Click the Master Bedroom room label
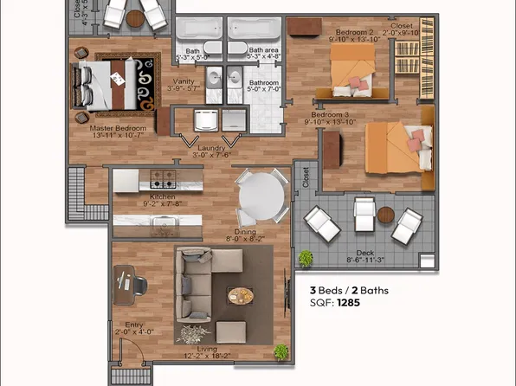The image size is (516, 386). click(x=118, y=129)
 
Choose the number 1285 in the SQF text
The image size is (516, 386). click(x=350, y=304)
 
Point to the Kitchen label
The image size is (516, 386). click(x=162, y=198)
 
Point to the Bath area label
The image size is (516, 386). click(x=262, y=51)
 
